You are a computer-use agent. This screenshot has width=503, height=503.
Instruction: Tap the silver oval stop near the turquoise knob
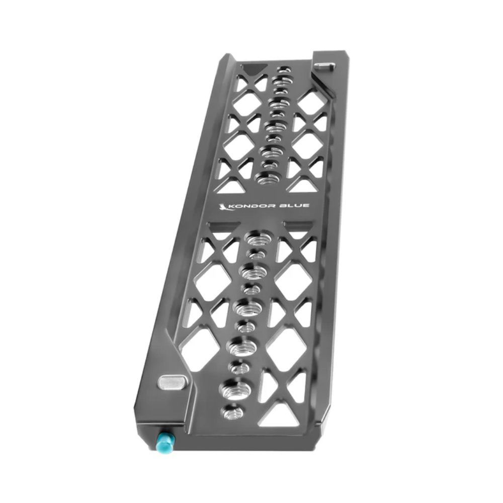point(173,382)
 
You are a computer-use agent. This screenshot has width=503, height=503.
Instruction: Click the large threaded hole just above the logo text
point(267,178)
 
